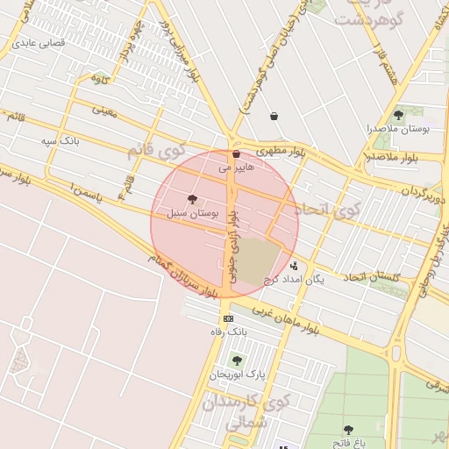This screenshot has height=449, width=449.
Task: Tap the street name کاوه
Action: [100, 79]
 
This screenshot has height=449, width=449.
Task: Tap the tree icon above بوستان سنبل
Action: [193, 200]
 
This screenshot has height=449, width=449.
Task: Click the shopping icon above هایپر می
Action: [236, 153]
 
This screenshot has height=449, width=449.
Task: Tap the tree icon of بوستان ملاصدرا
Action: [398, 115]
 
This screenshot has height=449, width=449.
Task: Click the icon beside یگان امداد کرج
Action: [293, 266]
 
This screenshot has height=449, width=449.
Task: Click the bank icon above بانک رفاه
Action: [229, 318]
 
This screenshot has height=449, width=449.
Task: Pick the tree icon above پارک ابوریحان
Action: [237, 360]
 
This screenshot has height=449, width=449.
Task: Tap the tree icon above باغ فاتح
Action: [348, 430]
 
